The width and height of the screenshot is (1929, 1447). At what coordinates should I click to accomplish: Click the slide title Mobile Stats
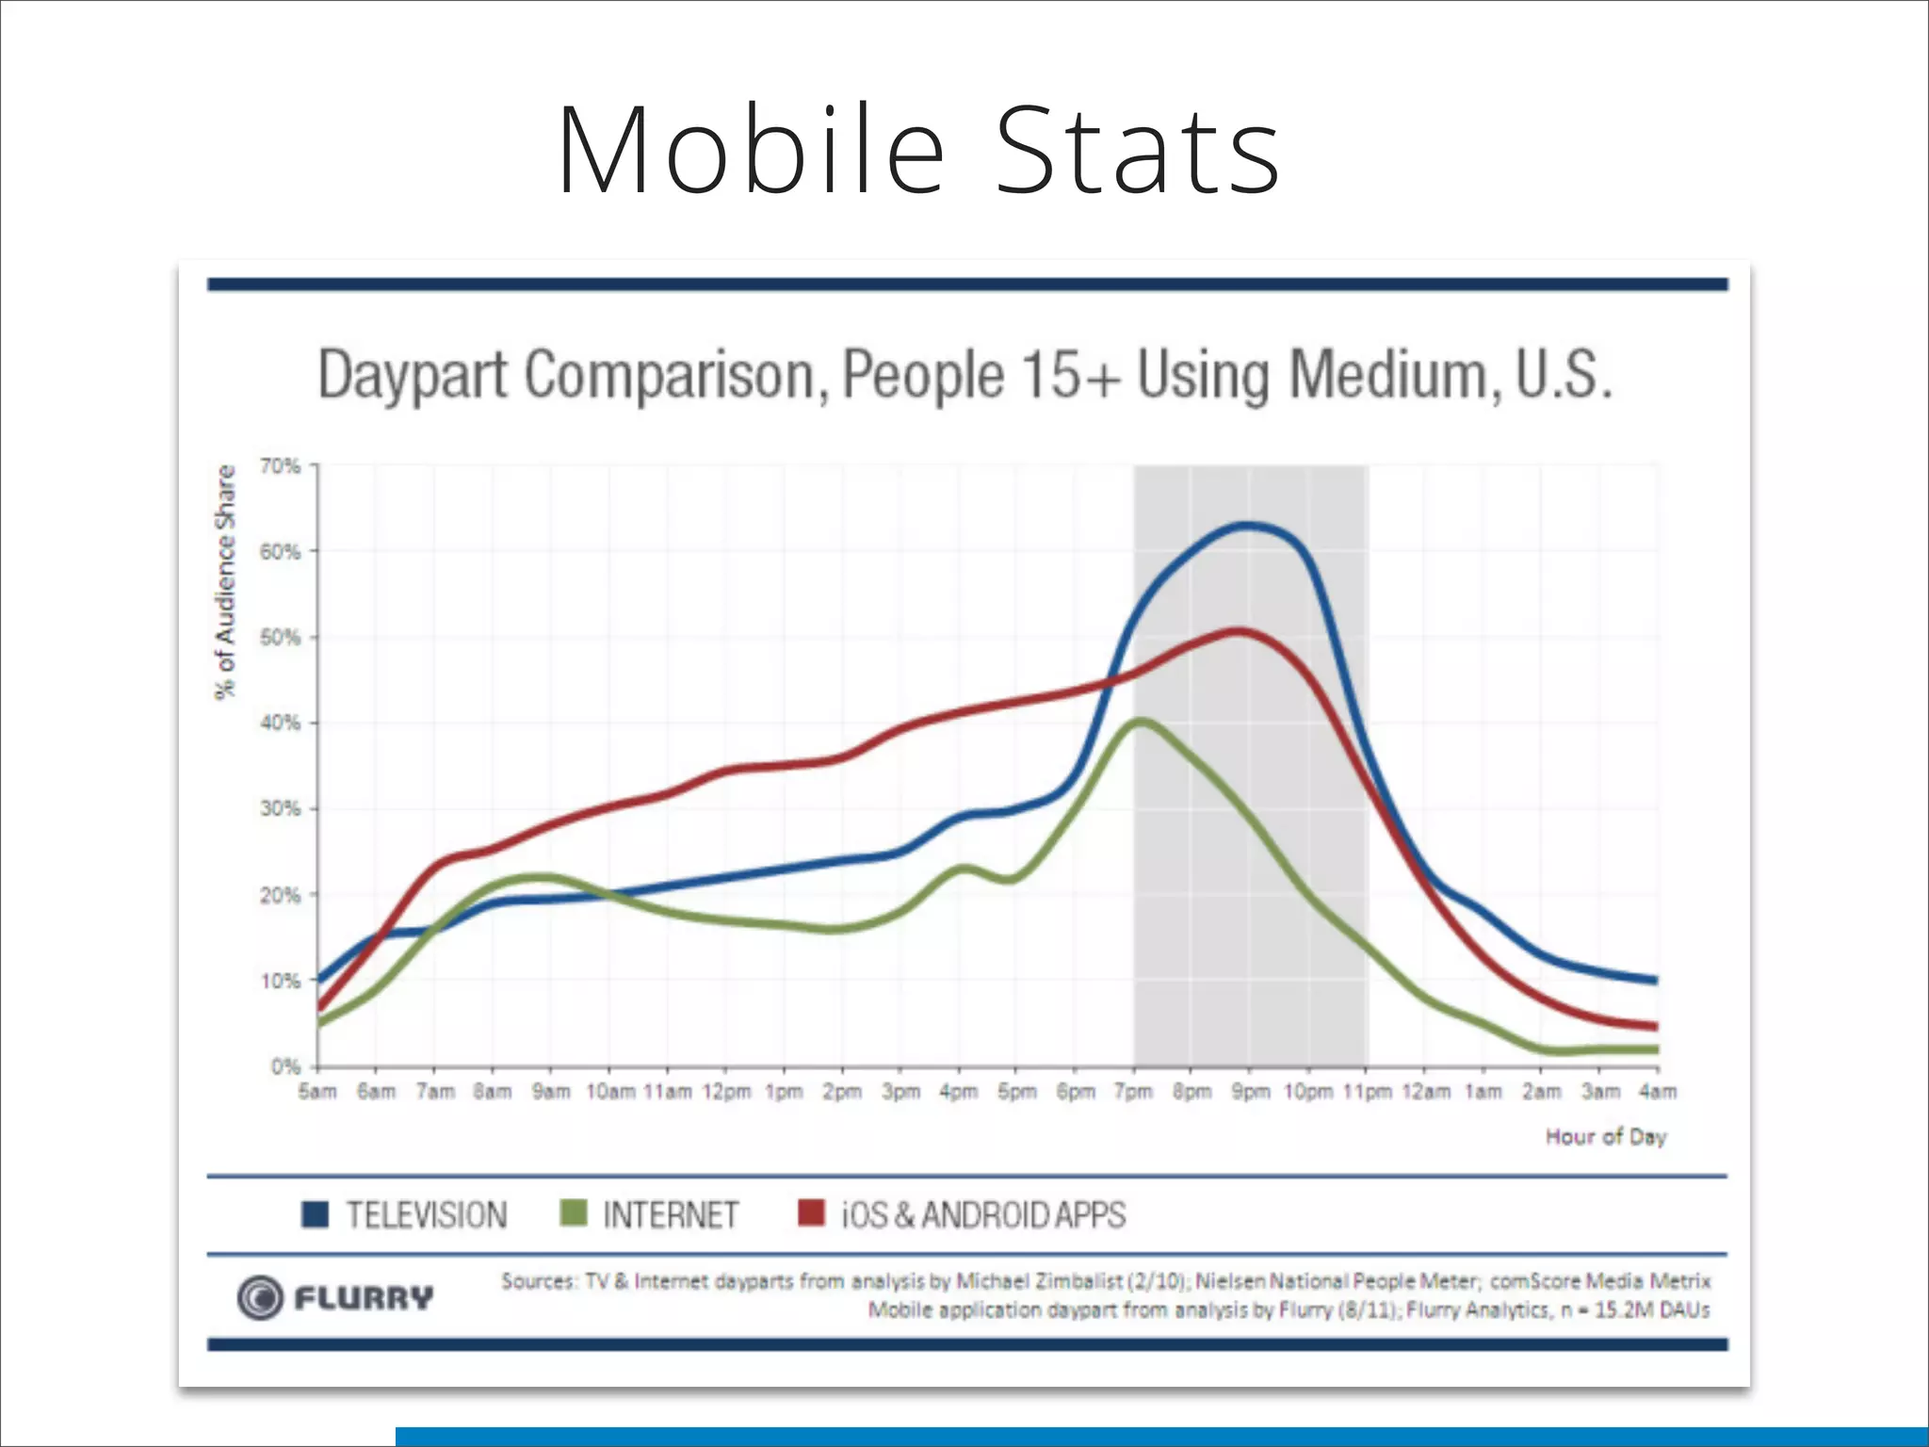[x=918, y=151]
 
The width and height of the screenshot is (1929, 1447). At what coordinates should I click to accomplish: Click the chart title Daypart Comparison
[x=964, y=375]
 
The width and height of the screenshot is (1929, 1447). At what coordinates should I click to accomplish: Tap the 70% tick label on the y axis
[x=280, y=466]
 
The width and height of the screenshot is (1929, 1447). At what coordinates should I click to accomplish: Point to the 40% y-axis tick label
[x=280, y=723]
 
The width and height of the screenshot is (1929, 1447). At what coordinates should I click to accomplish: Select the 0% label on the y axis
[x=285, y=1066]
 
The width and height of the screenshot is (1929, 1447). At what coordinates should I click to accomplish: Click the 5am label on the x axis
[x=317, y=1092]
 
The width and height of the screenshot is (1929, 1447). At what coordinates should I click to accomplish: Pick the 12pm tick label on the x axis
[x=726, y=1092]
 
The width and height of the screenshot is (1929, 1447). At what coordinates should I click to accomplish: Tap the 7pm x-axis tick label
[x=1133, y=1092]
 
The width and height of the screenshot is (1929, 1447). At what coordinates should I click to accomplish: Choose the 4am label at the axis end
[x=1658, y=1092]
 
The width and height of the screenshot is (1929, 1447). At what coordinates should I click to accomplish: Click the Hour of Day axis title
[x=1606, y=1137]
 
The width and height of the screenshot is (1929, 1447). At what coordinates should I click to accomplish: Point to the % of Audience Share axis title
[x=225, y=582]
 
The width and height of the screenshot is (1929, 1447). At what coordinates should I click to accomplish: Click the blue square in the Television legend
[x=315, y=1214]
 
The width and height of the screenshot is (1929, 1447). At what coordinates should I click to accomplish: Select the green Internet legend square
[x=573, y=1213]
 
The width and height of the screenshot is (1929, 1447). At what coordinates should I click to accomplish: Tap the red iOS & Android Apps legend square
[x=811, y=1213]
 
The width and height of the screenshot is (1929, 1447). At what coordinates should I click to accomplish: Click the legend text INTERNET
[x=671, y=1215]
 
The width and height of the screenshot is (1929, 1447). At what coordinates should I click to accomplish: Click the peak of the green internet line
[x=1140, y=723]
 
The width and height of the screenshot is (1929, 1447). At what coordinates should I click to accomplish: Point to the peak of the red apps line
[x=1239, y=630]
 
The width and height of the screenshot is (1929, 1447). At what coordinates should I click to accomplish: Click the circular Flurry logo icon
[x=260, y=1297]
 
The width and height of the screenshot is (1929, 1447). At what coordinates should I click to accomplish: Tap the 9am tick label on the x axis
[x=551, y=1092]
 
